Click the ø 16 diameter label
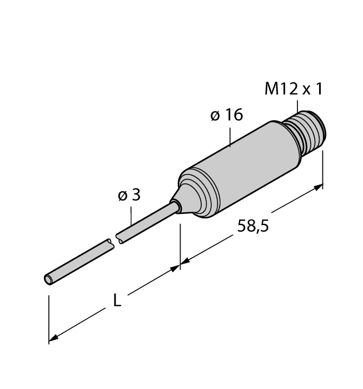point(227,115)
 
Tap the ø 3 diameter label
point(129,195)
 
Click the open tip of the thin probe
point(49,278)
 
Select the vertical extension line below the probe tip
point(49,317)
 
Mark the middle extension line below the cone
point(180,245)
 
